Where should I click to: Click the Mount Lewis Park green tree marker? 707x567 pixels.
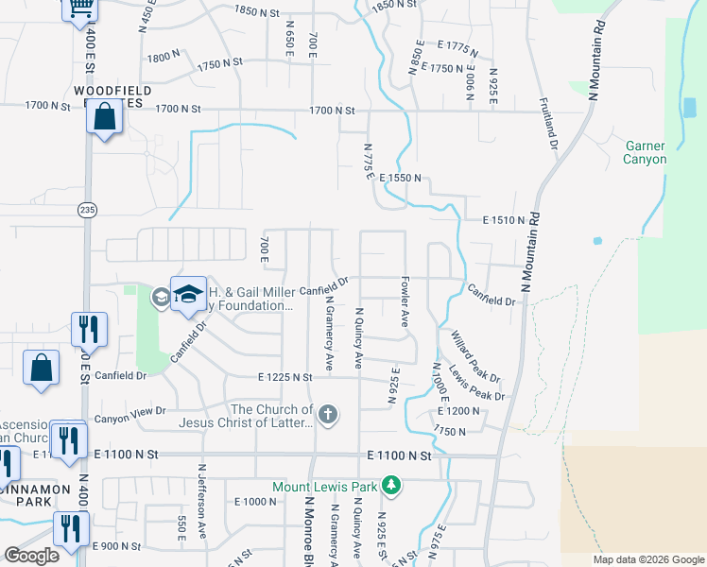(391, 487)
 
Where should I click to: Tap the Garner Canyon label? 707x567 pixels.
(646, 152)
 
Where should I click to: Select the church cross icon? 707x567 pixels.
(327, 415)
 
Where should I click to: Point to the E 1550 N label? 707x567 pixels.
(400, 178)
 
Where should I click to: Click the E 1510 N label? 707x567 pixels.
(502, 220)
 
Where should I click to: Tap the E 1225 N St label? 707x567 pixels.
(285, 377)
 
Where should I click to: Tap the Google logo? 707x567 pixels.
(31, 556)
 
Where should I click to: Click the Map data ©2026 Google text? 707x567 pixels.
(647, 559)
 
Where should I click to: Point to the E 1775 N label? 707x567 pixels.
(448, 46)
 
